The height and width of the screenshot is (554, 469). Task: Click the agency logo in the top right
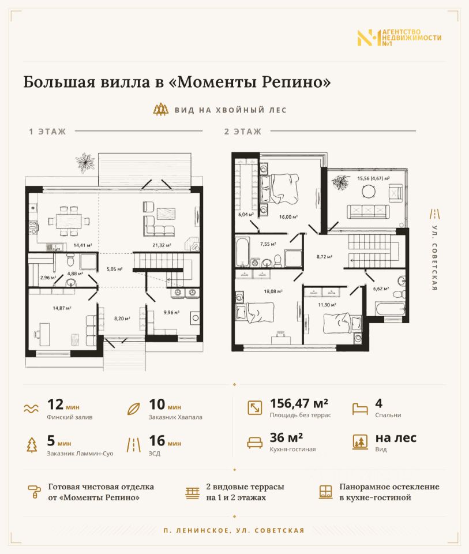(399, 38)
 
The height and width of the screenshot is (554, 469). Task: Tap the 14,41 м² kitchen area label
(82, 245)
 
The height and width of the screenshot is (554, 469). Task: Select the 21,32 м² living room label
(162, 245)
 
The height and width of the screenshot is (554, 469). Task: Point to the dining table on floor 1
(69, 222)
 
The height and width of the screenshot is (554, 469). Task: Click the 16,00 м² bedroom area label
(288, 216)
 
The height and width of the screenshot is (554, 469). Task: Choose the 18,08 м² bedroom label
(273, 291)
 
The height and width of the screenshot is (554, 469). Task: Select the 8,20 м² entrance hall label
(122, 319)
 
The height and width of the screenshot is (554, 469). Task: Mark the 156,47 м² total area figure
(299, 403)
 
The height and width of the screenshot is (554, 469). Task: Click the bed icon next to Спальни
(360, 409)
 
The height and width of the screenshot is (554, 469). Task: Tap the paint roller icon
(35, 492)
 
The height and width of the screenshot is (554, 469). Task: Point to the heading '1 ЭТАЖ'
(47, 132)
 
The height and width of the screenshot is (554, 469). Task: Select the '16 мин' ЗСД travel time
(165, 441)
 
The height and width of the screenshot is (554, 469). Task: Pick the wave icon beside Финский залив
(31, 409)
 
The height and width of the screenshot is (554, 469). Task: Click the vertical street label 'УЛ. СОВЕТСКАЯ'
(435, 257)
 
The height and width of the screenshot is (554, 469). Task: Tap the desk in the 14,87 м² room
(44, 334)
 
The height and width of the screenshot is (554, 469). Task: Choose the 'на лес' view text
(396, 438)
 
